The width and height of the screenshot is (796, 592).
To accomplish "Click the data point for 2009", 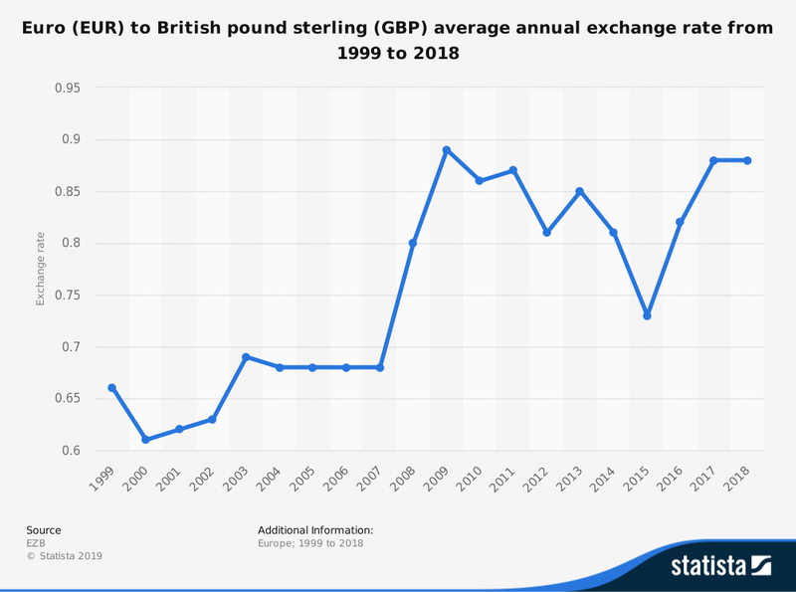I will pos(447,150).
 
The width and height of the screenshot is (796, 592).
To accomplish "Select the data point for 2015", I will pos(647,315).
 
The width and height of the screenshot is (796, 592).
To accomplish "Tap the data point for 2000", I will pos(146,440).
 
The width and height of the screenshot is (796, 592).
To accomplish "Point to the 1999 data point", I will pos(112,388).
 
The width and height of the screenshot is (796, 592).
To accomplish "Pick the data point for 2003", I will pos(246,357).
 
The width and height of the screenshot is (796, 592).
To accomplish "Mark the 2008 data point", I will pos(413,243).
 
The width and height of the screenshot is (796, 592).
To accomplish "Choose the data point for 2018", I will pos(747,160).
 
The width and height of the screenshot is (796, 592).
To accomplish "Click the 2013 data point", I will pos(580,191).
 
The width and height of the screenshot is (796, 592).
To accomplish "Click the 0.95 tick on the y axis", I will pos(68,88).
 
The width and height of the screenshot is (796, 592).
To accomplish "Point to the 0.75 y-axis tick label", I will pos(68,296).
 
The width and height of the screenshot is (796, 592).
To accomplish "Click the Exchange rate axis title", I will pos(41,269).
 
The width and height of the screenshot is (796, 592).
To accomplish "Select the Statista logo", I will pos(721,566).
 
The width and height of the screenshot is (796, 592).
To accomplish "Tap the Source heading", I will pos(44,530).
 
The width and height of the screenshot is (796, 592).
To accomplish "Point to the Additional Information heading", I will pos(315,530).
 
